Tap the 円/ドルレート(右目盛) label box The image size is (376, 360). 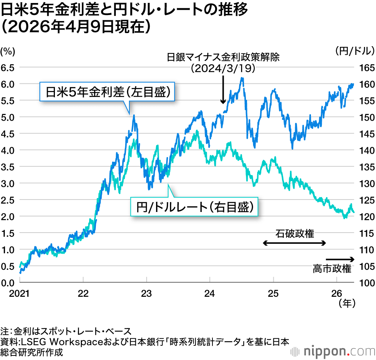tap(194, 207)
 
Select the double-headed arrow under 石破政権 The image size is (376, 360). tap(294, 244)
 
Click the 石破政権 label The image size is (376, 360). tap(295, 233)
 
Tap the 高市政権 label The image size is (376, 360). tap(332, 269)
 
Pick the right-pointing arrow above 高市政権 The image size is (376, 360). tap(340, 259)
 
